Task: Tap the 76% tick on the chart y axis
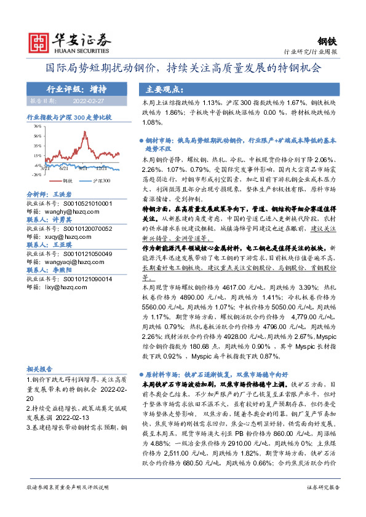[x=38, y=126]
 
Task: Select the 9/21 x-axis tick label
[x=82, y=167]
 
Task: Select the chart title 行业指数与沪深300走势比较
[x=69, y=116]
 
